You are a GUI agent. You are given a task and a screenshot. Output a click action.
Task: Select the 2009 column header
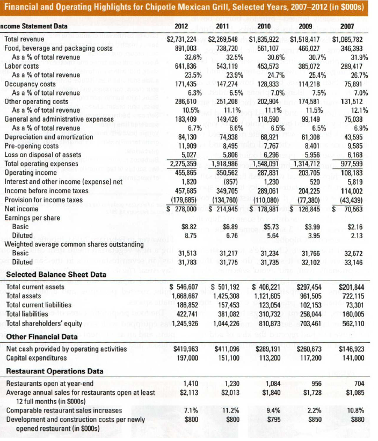coord(304,26)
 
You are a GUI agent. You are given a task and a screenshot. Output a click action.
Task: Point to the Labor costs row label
coord(22,66)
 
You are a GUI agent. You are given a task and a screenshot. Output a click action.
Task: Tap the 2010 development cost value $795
coord(274,420)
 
